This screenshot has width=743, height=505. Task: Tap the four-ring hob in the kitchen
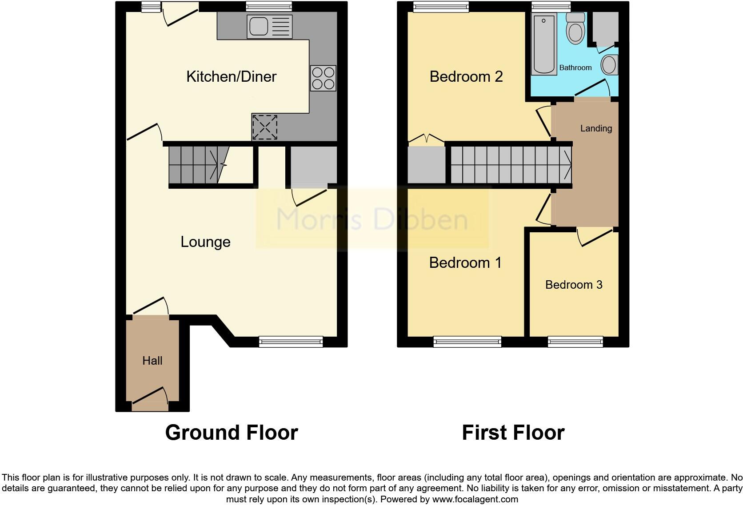tap(323, 78)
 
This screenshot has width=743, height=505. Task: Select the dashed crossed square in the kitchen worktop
tap(265, 127)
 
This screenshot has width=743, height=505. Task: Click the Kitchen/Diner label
tap(231, 76)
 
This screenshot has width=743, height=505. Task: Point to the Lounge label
tap(205, 242)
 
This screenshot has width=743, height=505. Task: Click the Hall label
tap(152, 361)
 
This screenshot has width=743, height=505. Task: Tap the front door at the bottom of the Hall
tap(150, 400)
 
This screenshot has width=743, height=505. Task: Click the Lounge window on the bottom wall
tap(291, 341)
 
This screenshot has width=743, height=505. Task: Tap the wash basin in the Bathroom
tap(609, 65)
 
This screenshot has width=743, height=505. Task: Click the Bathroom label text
tap(575, 68)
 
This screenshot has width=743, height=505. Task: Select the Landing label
tap(596, 128)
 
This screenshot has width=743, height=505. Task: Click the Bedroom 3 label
tap(574, 285)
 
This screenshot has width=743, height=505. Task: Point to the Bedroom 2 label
tap(466, 76)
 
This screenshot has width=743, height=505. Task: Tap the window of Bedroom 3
tap(575, 341)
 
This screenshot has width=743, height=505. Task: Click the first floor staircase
tap(511, 165)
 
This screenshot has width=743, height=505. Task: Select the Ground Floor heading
tap(231, 432)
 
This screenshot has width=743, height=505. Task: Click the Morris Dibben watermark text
tap(372, 219)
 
